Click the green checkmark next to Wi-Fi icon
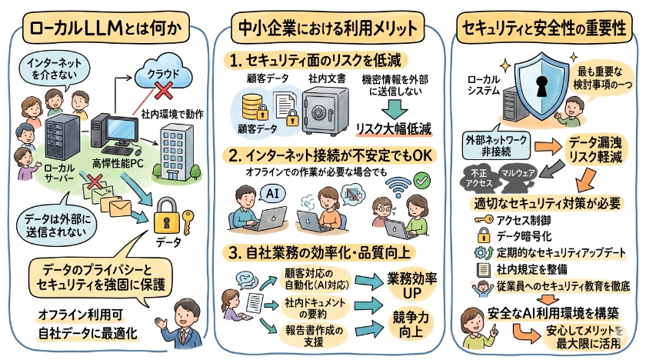[421, 181]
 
